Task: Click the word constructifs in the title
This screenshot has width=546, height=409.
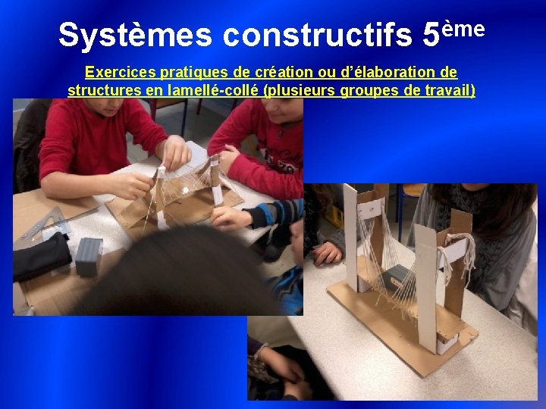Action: tap(318, 35)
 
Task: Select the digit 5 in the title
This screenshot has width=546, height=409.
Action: tap(430, 35)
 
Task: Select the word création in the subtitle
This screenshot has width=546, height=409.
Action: tap(271, 73)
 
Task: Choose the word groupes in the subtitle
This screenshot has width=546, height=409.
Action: tap(363, 91)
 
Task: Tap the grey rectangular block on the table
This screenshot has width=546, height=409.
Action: tap(89, 255)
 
